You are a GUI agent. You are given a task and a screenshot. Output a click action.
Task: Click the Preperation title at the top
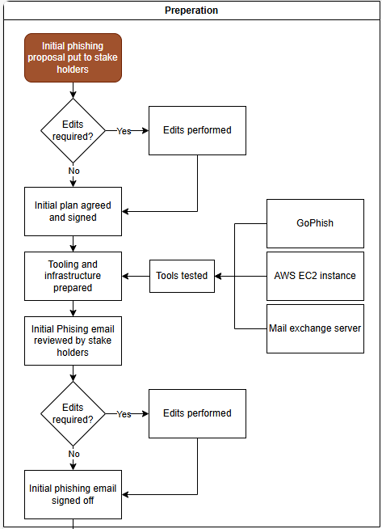pos(191,11)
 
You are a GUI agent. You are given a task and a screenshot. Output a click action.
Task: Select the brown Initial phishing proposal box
pos(73,57)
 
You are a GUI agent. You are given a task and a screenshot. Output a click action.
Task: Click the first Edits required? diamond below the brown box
pos(73,130)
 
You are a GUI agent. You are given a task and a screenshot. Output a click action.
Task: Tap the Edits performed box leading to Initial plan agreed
pos(197,130)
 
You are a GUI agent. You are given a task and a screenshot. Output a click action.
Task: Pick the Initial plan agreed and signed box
pos(73,212)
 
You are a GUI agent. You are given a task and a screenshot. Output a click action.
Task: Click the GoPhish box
pos(315,224)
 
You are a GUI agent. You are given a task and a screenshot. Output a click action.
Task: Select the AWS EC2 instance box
pos(315,277)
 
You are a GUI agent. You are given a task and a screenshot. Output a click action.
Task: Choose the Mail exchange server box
pos(315,329)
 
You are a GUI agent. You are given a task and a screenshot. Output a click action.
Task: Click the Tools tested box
pos(182,277)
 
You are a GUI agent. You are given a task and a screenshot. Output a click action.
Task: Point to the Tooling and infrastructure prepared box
pos(73,277)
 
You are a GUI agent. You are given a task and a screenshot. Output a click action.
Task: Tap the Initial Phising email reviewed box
pos(73,341)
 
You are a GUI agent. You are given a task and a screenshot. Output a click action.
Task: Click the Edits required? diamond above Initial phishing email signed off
pos(73,413)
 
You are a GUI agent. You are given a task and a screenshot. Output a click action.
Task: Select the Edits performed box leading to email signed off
pos(197,413)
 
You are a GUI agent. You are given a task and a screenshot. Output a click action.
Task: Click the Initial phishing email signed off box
pos(73,494)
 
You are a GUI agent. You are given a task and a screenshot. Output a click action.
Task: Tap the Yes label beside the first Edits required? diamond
pos(124,131)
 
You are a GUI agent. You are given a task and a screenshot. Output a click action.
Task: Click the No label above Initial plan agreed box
pos(73,171)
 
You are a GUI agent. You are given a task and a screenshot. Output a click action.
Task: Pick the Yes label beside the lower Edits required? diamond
pos(124,414)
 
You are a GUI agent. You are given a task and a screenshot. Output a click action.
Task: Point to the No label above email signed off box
pos(73,454)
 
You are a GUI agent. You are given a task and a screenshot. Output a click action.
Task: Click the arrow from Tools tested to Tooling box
pos(136,277)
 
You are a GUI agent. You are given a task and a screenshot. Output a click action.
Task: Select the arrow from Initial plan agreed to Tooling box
pos(73,244)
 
